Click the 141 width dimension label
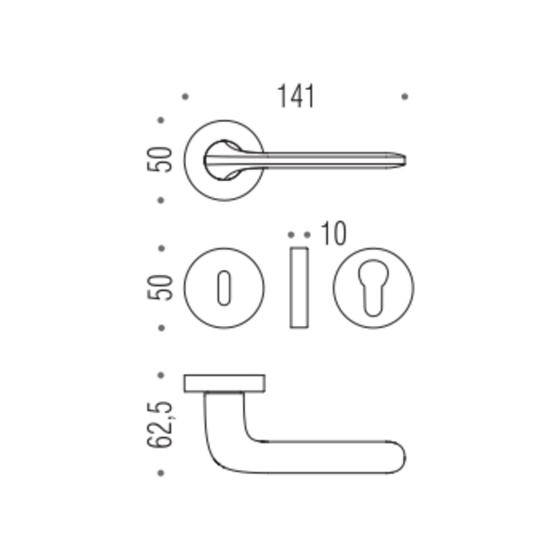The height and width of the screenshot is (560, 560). point(296,97)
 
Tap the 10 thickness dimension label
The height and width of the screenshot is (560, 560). point(334,233)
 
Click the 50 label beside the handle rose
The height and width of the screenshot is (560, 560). point(160,160)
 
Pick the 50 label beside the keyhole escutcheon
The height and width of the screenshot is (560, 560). point(160,288)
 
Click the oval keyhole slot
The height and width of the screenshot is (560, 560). point(224,288)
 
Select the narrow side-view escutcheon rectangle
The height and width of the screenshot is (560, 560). point(299,288)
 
